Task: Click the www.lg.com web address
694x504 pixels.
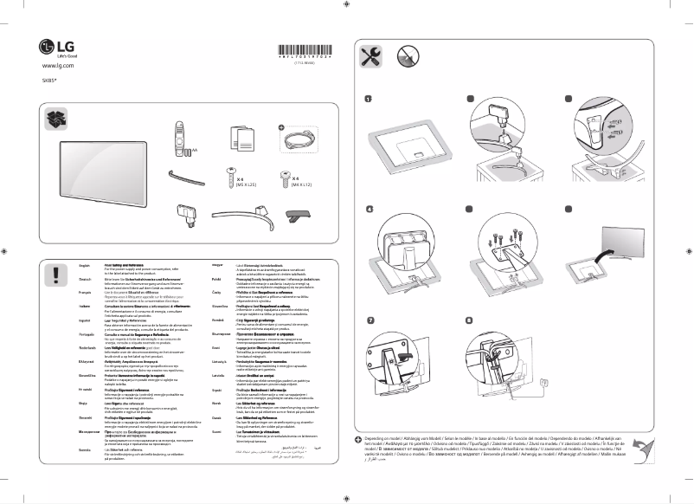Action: pyautogui.click(x=58, y=66)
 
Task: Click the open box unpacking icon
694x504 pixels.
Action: pyautogui.click(x=57, y=119)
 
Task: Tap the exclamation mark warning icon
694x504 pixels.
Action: pyautogui.click(x=57, y=275)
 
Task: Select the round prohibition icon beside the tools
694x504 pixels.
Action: pyautogui.click(x=407, y=58)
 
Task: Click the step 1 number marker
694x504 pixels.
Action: pyautogui.click(x=368, y=99)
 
